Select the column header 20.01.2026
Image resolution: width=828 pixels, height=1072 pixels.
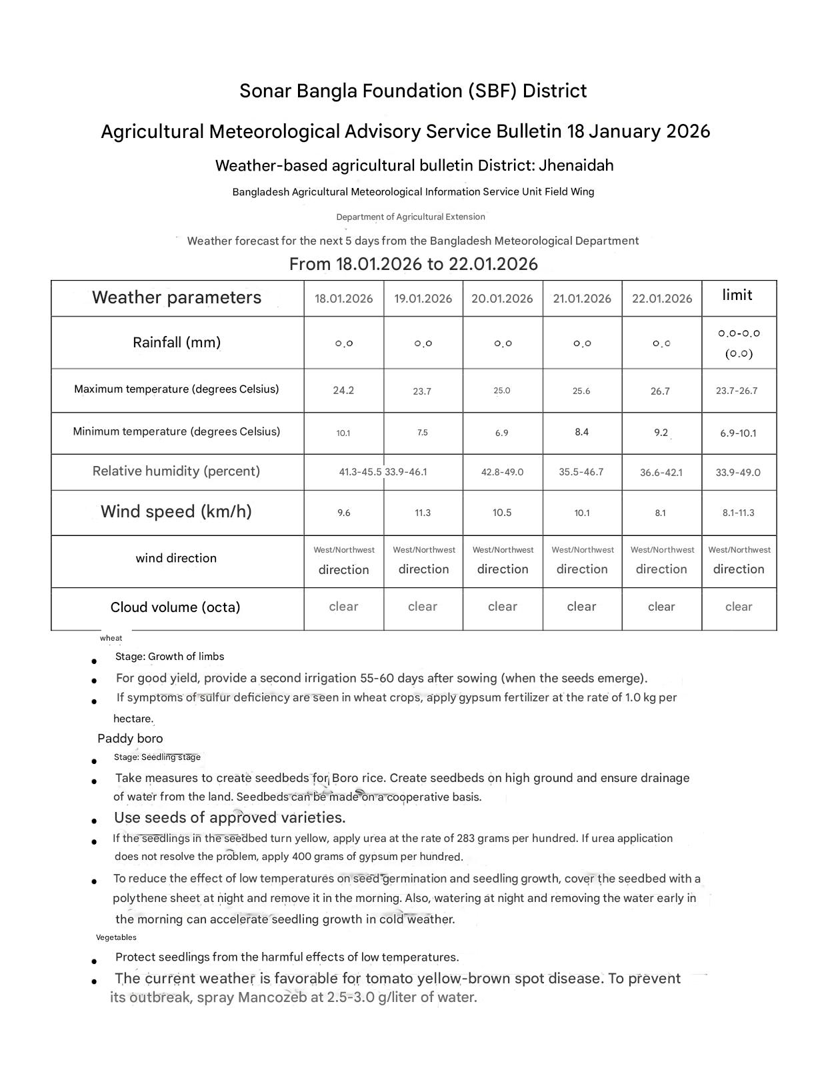[x=502, y=299]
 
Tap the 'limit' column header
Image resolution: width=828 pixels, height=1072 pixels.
[x=737, y=295]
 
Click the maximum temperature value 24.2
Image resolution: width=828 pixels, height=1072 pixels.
[x=343, y=391]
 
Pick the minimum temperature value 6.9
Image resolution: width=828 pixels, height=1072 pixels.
[x=502, y=433]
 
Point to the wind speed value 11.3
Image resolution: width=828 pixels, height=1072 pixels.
[x=423, y=513]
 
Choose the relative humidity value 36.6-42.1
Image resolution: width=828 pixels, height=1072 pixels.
[x=661, y=473]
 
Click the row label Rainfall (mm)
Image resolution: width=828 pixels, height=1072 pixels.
[x=177, y=343]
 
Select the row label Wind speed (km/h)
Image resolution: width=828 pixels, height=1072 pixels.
[x=176, y=511]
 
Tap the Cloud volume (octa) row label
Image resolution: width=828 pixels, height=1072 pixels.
[x=175, y=607]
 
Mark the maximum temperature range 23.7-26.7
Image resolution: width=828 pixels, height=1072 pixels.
[x=737, y=391]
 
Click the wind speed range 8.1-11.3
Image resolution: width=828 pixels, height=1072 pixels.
[x=738, y=513]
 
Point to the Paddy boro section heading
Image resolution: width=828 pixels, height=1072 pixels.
[x=130, y=739]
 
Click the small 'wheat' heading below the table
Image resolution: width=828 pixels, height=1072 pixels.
[x=111, y=638]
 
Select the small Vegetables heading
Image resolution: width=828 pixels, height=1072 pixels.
[x=116, y=937]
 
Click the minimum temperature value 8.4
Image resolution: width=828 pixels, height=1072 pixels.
[x=581, y=432]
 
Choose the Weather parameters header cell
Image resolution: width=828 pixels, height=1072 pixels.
[x=177, y=297]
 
